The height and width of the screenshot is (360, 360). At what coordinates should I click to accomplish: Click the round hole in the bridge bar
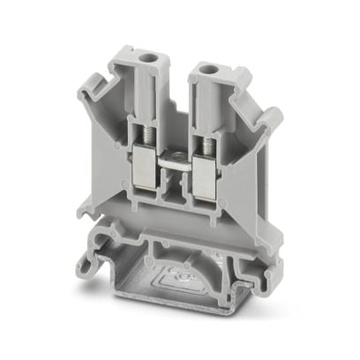coord(175,157)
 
